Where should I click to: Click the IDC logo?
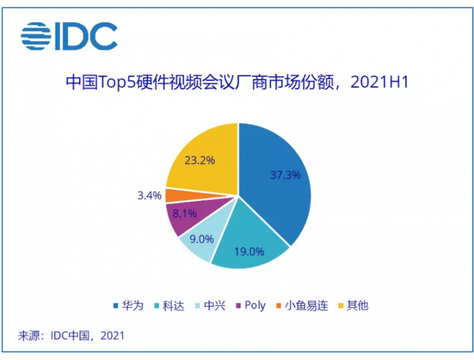click(x=69, y=36)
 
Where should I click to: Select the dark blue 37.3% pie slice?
click(x=278, y=178)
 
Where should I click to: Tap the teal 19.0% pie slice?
click(x=249, y=246)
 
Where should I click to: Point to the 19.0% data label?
click(x=249, y=251)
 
